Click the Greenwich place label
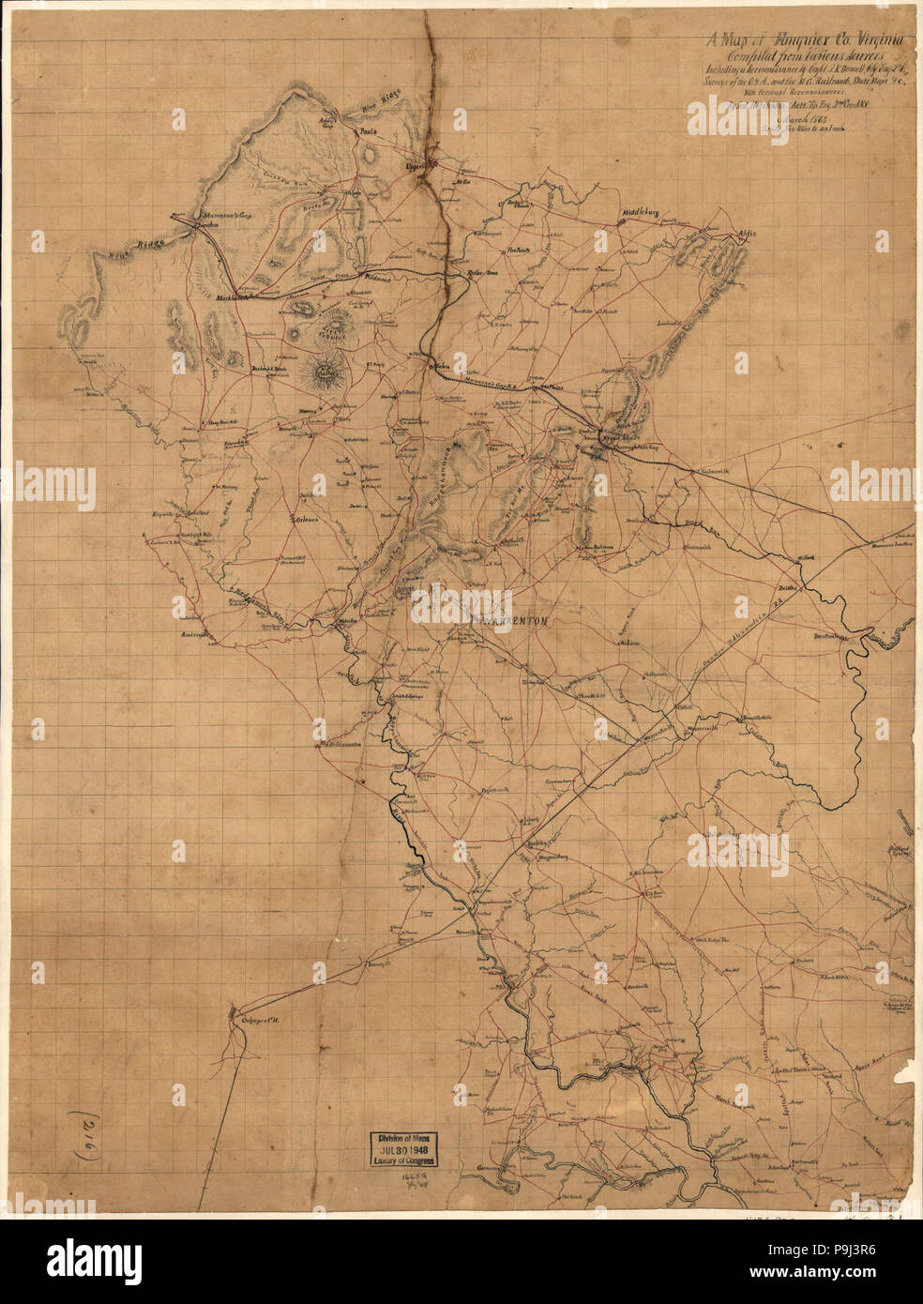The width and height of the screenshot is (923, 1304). (701, 544)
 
